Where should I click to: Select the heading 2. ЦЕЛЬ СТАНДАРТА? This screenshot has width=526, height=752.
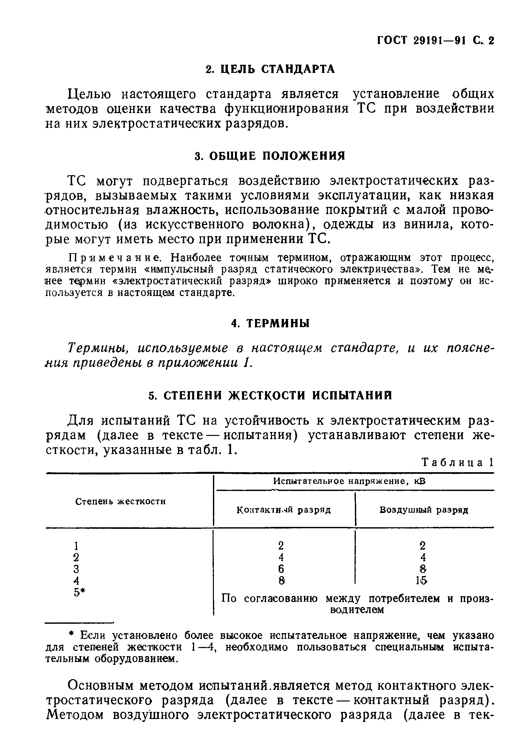(270, 69)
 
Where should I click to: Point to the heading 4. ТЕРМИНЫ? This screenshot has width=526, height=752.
(270, 324)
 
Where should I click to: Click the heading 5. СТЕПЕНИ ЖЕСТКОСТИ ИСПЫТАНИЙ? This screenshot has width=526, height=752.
(270, 396)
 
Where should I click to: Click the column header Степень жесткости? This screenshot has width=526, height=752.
(120, 501)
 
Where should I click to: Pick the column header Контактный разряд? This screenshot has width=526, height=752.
(284, 510)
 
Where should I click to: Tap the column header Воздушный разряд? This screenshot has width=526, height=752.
(424, 510)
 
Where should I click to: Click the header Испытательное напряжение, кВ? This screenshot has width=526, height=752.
(349, 481)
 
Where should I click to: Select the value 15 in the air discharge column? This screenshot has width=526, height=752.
(422, 581)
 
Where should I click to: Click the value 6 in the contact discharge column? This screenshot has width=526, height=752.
(281, 569)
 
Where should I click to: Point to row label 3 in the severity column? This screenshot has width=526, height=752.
(76, 569)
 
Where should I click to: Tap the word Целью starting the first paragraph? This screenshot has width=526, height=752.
(89, 94)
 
